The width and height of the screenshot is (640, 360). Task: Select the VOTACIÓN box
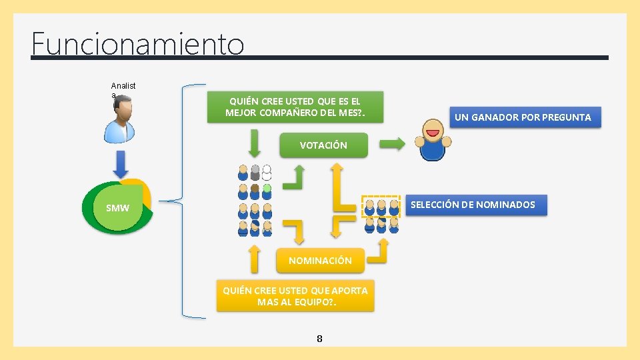pos(323,145)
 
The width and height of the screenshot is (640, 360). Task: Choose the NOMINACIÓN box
pos(320,260)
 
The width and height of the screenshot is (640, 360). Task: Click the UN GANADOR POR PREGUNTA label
pos(523,117)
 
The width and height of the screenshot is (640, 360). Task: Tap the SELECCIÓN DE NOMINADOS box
pos(473,205)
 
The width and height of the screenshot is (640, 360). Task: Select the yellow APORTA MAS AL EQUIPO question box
pos(295,296)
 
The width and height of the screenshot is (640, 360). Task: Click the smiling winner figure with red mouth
pos(433,140)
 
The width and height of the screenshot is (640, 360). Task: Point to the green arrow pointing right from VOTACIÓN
pos(392,143)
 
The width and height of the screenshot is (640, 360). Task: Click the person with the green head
pos(267,192)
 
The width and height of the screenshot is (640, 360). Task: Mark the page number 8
pos(319,339)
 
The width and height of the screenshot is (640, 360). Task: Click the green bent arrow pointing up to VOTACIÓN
pos(295,177)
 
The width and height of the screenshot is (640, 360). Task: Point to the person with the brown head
pos(255,192)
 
